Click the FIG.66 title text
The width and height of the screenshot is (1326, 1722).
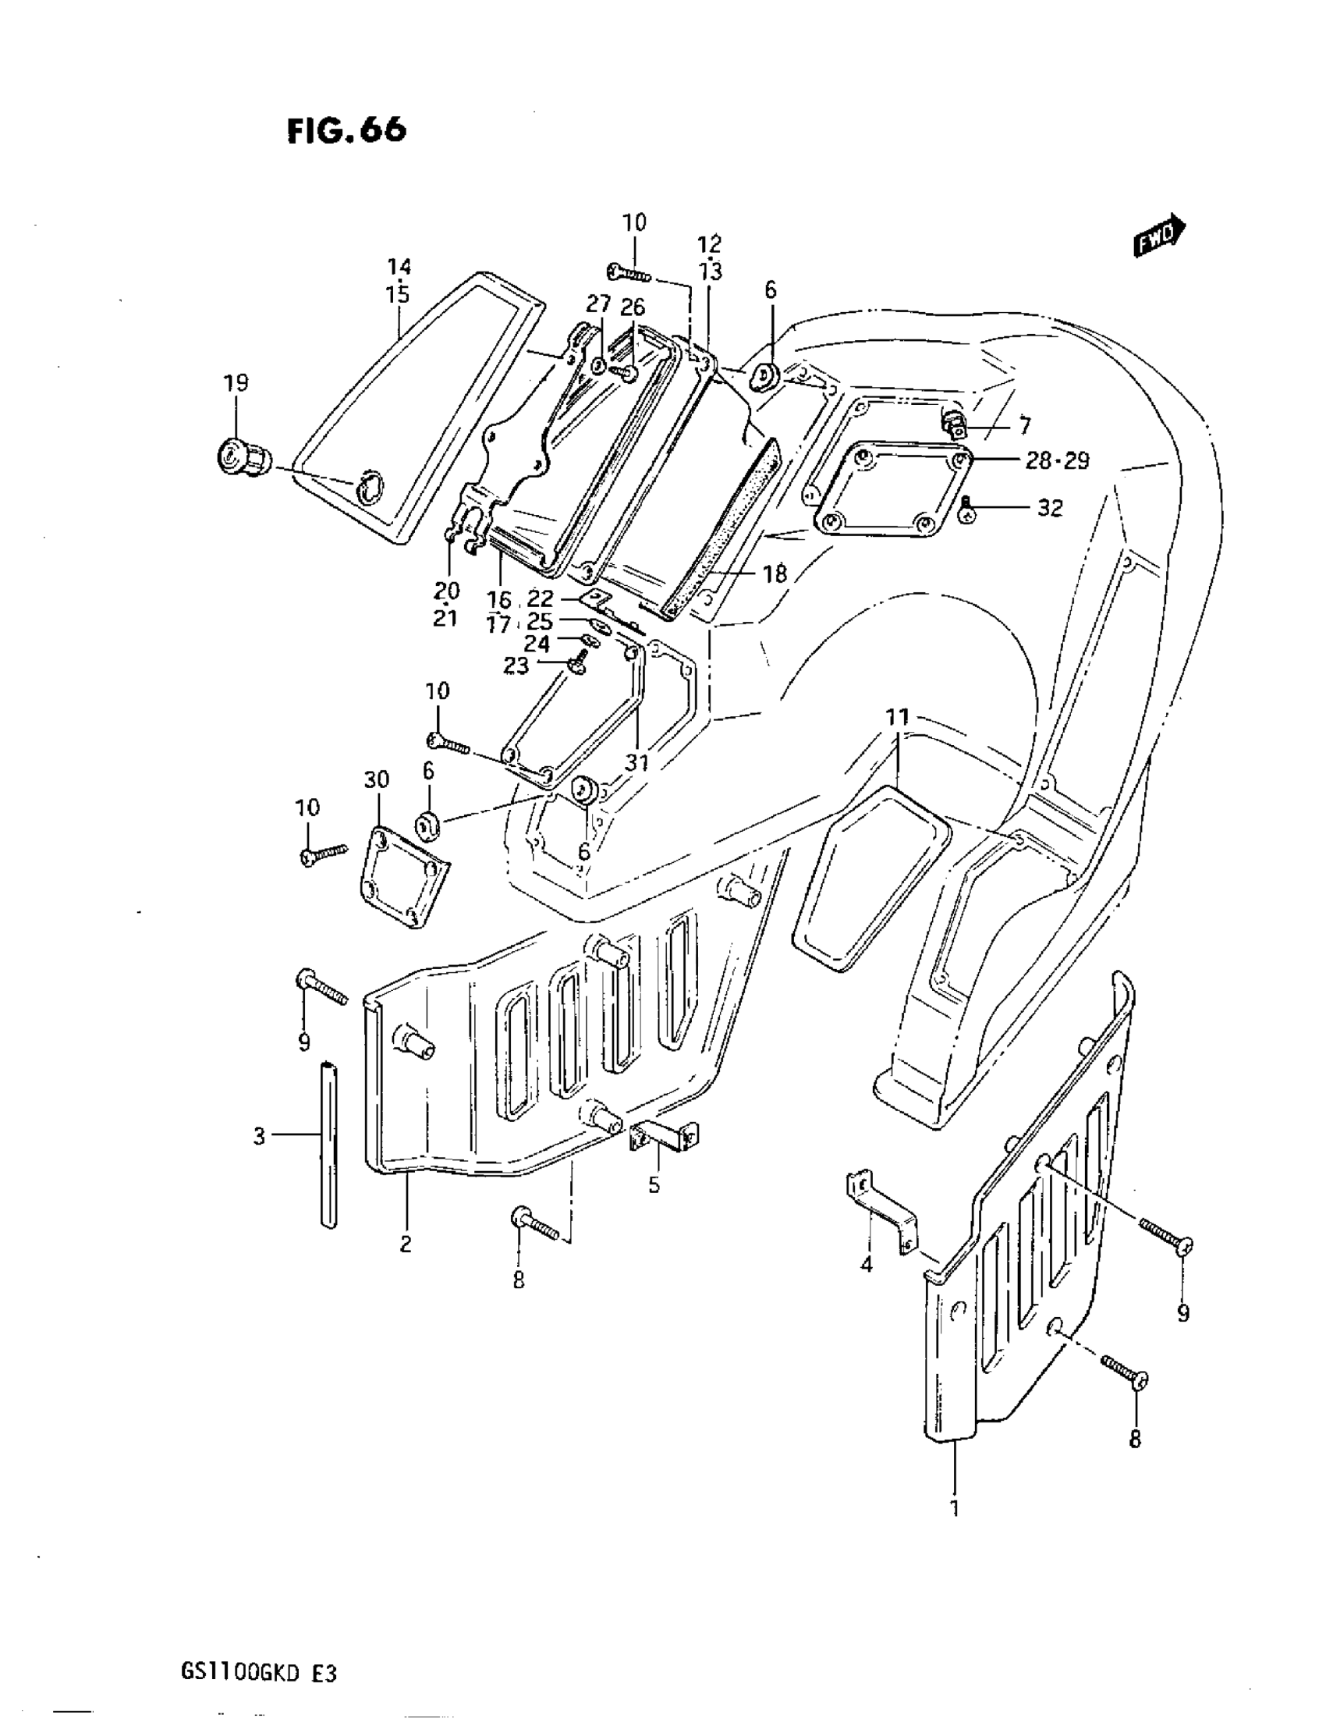(347, 130)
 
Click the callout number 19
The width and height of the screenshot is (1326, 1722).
(236, 383)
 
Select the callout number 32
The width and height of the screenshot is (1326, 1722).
(1049, 509)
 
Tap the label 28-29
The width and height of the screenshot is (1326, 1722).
(1056, 460)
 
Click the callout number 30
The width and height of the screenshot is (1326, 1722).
(376, 779)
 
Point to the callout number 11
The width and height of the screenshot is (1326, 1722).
(897, 718)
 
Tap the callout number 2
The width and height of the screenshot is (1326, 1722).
(406, 1244)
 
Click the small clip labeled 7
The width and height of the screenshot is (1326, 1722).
(955, 424)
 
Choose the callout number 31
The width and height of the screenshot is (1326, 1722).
(637, 762)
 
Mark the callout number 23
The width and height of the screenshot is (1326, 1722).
(516, 666)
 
